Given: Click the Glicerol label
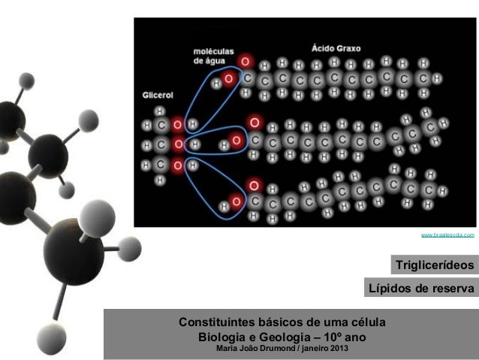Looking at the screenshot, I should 159,95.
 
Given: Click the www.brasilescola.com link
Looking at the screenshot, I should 447,235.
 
